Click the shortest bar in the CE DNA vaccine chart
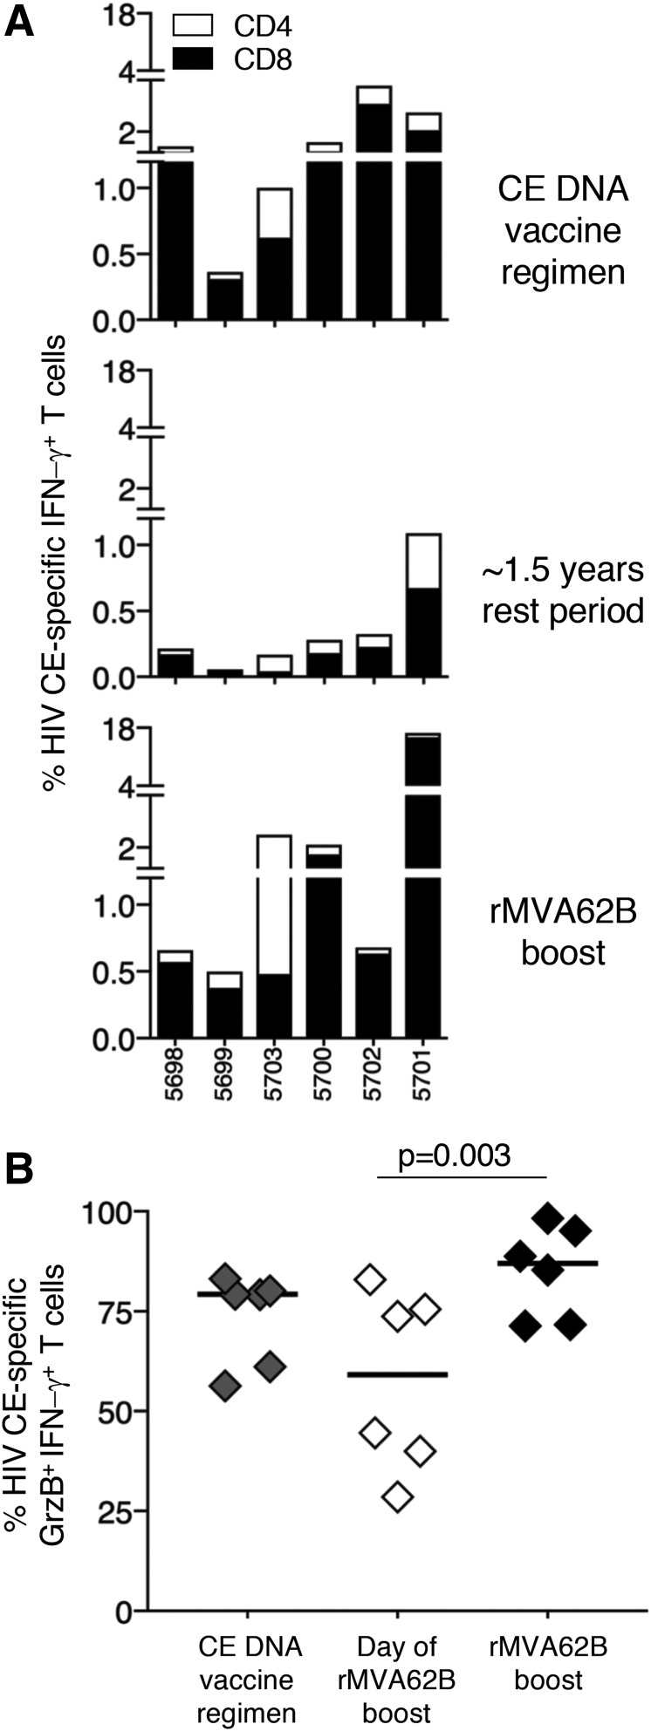225,296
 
